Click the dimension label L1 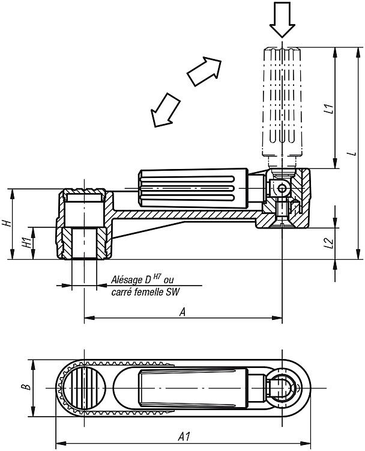click(x=331, y=108)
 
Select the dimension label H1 click(x=27, y=243)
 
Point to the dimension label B click(x=27, y=387)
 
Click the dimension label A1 click(x=184, y=437)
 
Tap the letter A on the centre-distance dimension click(x=182, y=311)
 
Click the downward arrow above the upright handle click(x=282, y=20)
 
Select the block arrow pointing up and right click(x=205, y=71)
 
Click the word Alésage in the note click(x=126, y=280)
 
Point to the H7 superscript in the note click(x=157, y=277)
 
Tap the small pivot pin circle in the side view click(x=282, y=188)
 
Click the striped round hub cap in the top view click(x=84, y=388)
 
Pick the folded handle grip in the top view click(x=194, y=387)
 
